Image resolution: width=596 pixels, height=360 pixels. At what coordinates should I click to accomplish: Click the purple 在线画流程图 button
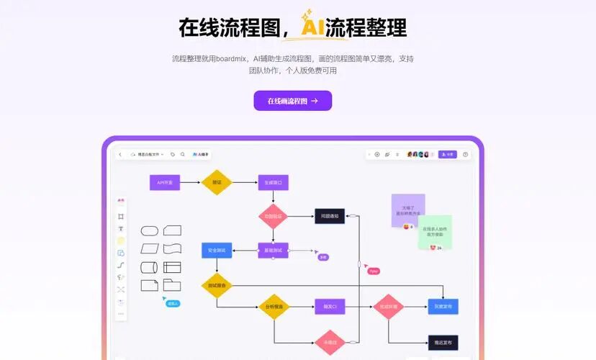click(292, 101)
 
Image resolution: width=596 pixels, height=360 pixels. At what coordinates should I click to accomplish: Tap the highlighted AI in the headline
click(311, 27)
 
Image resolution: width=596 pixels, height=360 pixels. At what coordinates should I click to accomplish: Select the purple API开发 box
click(165, 183)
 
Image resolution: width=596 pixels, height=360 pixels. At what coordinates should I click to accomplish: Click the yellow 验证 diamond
click(216, 183)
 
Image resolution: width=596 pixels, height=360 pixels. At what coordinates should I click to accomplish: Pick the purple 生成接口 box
click(273, 183)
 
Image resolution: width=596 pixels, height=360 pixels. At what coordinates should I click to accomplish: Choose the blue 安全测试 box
click(217, 251)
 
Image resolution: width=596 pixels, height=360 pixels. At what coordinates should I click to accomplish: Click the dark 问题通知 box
click(330, 215)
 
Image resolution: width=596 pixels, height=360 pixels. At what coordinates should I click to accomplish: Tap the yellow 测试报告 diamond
click(217, 285)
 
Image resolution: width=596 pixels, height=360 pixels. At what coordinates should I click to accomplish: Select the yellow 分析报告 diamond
click(274, 307)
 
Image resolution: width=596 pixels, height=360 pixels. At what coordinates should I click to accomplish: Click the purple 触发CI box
click(330, 307)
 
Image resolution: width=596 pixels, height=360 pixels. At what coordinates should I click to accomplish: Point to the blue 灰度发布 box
click(443, 307)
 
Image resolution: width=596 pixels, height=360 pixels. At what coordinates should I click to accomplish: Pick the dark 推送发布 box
click(443, 343)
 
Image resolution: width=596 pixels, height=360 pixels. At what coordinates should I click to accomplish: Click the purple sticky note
click(408, 210)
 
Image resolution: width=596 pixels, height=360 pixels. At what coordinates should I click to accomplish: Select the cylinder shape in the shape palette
click(149, 267)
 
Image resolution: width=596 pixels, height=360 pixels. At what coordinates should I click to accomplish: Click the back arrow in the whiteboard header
click(120, 154)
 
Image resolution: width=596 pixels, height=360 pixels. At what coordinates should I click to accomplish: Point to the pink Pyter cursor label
click(373, 271)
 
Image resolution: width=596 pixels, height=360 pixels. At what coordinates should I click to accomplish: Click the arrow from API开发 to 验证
click(190, 183)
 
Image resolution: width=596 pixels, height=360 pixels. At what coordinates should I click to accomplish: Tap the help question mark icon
click(465, 154)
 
